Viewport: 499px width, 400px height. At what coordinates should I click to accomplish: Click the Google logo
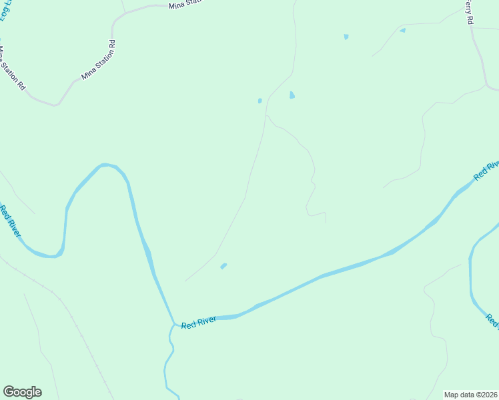click(22, 392)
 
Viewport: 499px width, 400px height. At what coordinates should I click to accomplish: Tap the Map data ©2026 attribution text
click(470, 395)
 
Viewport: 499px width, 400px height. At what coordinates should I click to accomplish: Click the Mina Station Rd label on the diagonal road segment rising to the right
click(99, 61)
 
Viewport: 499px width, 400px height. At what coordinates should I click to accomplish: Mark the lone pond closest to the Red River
click(223, 266)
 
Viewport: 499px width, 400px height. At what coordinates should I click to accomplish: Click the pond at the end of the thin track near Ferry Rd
click(402, 30)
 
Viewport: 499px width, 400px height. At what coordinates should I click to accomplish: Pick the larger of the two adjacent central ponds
click(292, 95)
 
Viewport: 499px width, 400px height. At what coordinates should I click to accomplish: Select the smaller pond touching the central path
click(260, 101)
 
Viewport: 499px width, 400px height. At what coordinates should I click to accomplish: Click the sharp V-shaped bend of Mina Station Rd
click(57, 105)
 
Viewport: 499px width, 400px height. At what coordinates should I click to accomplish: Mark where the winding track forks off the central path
click(266, 115)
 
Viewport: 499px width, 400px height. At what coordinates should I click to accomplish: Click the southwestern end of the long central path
click(185, 281)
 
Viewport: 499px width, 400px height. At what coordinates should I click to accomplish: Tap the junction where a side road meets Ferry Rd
click(486, 86)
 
